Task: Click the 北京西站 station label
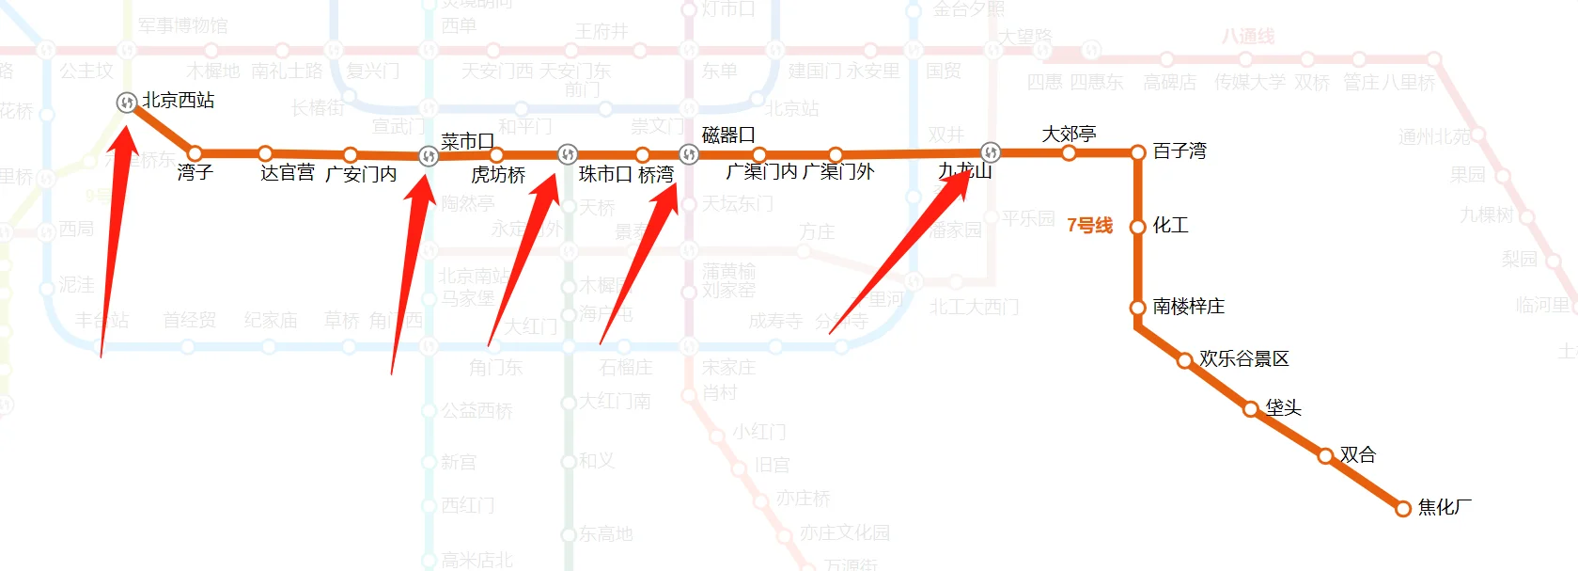point(179,101)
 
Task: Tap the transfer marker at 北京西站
point(127,102)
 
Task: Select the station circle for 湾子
point(195,152)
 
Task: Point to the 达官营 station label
point(288,173)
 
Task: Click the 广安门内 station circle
point(350,154)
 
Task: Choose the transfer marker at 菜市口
point(429,155)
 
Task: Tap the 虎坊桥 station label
point(498,175)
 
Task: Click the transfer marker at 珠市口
point(567,154)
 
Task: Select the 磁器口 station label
point(728,135)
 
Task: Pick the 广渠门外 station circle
point(836,154)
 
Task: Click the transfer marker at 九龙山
point(990,152)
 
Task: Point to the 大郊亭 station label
point(1069,135)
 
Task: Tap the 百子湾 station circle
point(1137,152)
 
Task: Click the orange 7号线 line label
point(1089,226)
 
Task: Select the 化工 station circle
point(1137,227)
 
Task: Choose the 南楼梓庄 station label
point(1189,307)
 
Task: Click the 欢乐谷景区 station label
point(1243,359)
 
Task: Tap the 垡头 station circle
point(1251,408)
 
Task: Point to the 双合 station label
point(1358,455)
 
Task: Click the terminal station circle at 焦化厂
point(1403,508)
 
